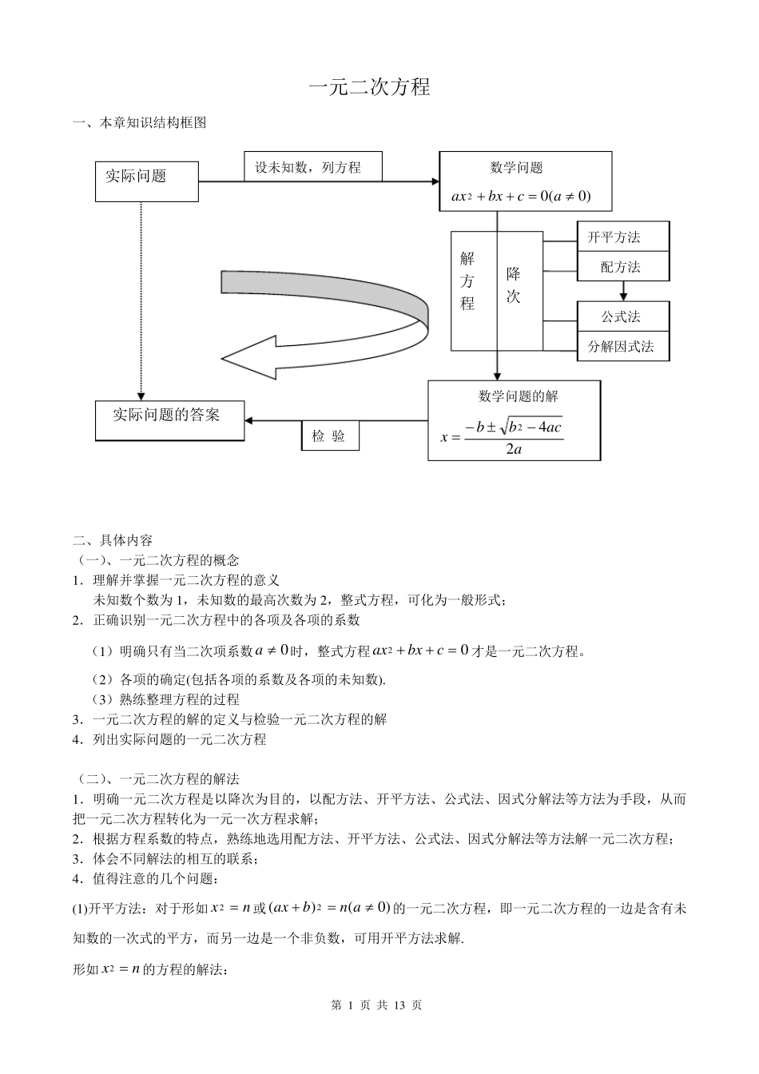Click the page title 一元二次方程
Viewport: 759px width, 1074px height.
point(369,87)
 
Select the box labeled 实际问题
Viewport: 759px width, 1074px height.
point(146,180)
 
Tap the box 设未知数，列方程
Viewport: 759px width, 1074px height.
point(312,167)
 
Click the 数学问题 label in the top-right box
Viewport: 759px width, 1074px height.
point(516,168)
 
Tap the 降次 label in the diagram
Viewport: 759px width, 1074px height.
point(514,285)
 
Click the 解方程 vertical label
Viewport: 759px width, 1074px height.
point(467,281)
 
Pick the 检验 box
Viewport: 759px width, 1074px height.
point(329,436)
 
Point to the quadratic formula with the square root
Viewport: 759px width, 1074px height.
point(502,436)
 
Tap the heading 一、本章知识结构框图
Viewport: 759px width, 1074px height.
point(140,123)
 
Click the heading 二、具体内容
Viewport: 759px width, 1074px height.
point(113,539)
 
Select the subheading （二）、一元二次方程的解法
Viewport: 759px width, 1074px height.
point(158,778)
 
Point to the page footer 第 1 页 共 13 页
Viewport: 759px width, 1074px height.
point(376,1005)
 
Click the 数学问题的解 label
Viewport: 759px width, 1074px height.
point(518,396)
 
